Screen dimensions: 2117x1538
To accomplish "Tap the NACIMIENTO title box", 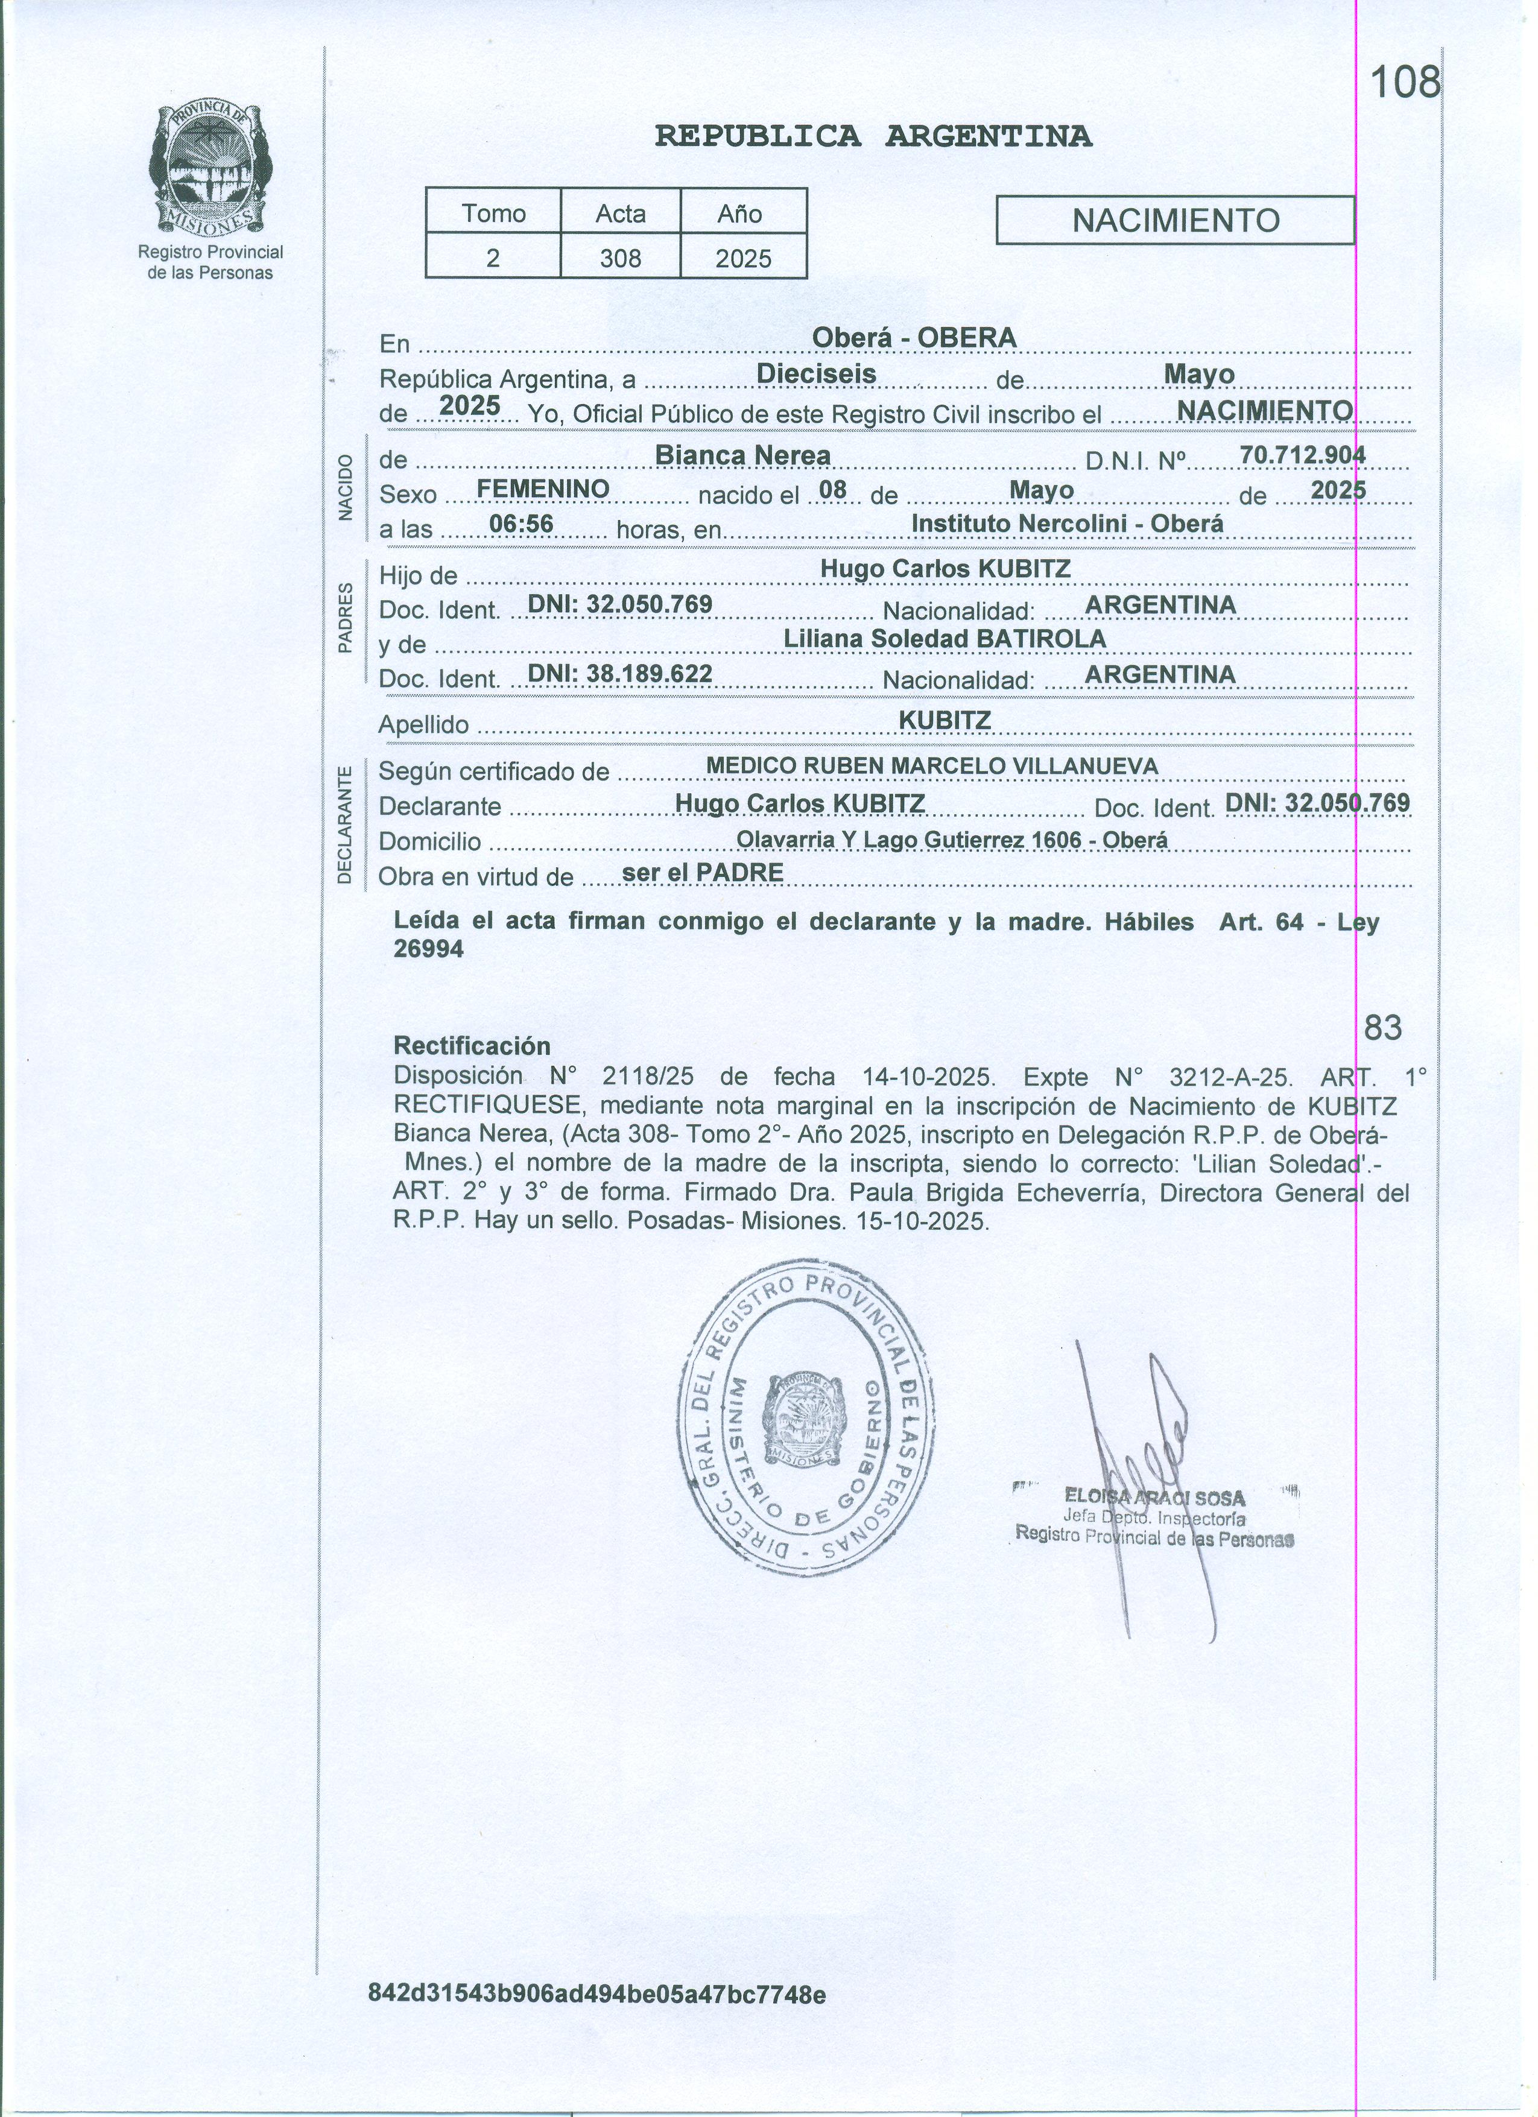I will point(1175,220).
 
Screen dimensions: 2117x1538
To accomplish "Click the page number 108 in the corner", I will point(1405,84).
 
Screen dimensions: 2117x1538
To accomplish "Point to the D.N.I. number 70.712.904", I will point(1302,455).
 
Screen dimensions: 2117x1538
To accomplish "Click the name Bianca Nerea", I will point(743,455).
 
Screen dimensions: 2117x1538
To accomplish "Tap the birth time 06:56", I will point(522,525).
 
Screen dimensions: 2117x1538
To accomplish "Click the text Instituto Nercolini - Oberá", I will point(1067,524).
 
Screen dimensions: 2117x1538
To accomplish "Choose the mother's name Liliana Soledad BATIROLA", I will point(945,639).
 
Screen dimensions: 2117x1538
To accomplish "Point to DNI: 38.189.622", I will point(619,674).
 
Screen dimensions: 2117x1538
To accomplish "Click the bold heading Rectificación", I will point(472,1045).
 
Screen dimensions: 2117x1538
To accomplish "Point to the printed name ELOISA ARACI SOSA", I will point(1154,1498).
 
